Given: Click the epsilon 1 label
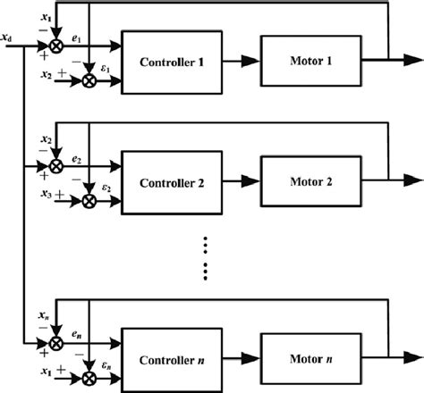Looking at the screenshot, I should pyautogui.click(x=106, y=65).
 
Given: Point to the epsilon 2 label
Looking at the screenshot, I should pyautogui.click(x=106, y=187).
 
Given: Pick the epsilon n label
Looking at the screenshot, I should pyautogui.click(x=106, y=365).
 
